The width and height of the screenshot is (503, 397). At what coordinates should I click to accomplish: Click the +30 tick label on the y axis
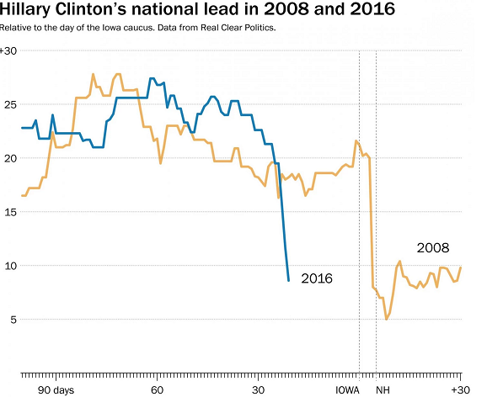[x=9, y=51]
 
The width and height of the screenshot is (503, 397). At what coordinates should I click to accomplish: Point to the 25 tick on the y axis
[x=9, y=105]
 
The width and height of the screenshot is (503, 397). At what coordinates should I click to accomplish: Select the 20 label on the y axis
[x=9, y=158]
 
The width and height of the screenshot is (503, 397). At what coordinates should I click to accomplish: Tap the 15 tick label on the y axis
[x=9, y=212]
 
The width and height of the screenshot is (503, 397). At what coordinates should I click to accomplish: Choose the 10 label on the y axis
[x=9, y=266]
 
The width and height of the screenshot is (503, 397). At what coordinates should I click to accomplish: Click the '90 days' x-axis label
[x=56, y=390]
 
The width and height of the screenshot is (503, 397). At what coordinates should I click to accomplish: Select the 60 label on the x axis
[x=157, y=390]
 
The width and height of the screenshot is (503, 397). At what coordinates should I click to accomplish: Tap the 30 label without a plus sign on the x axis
[x=258, y=390]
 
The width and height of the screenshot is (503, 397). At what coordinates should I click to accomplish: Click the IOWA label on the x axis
[x=348, y=390]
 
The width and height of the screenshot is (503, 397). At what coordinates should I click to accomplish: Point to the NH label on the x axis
[x=383, y=390]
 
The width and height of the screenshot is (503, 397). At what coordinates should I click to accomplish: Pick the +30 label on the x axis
[x=460, y=390]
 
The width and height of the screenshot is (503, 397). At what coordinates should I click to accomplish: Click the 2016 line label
[x=317, y=278]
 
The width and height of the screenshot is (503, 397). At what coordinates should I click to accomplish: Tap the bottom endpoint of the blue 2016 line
[x=289, y=280]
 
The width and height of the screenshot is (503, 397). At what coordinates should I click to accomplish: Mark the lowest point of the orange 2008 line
[x=386, y=320]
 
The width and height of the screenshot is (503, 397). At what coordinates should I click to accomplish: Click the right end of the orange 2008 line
[x=461, y=267]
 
